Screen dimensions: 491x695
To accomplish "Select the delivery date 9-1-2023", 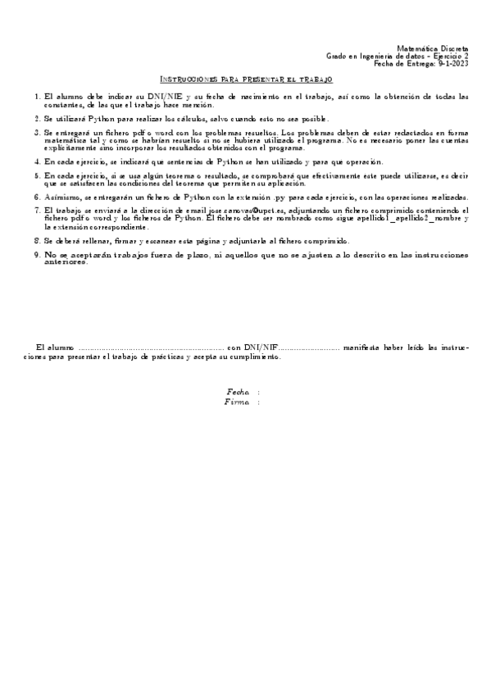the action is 451,63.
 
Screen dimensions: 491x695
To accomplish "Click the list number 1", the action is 38,97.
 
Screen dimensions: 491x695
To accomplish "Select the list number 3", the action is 38,131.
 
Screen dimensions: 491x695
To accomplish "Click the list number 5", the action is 38,175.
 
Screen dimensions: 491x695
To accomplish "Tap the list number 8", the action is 38,241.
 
